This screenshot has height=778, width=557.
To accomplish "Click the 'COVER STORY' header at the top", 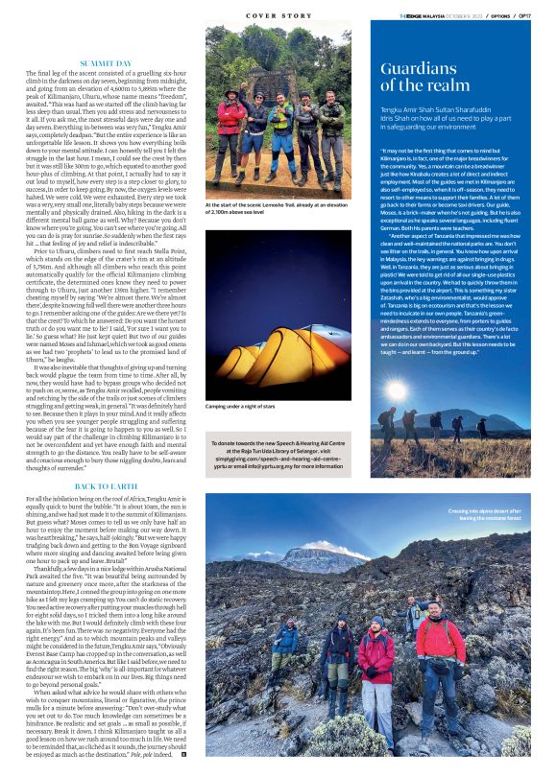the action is [x=278, y=16].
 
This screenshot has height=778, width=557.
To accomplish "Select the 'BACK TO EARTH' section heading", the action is [x=107, y=487].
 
